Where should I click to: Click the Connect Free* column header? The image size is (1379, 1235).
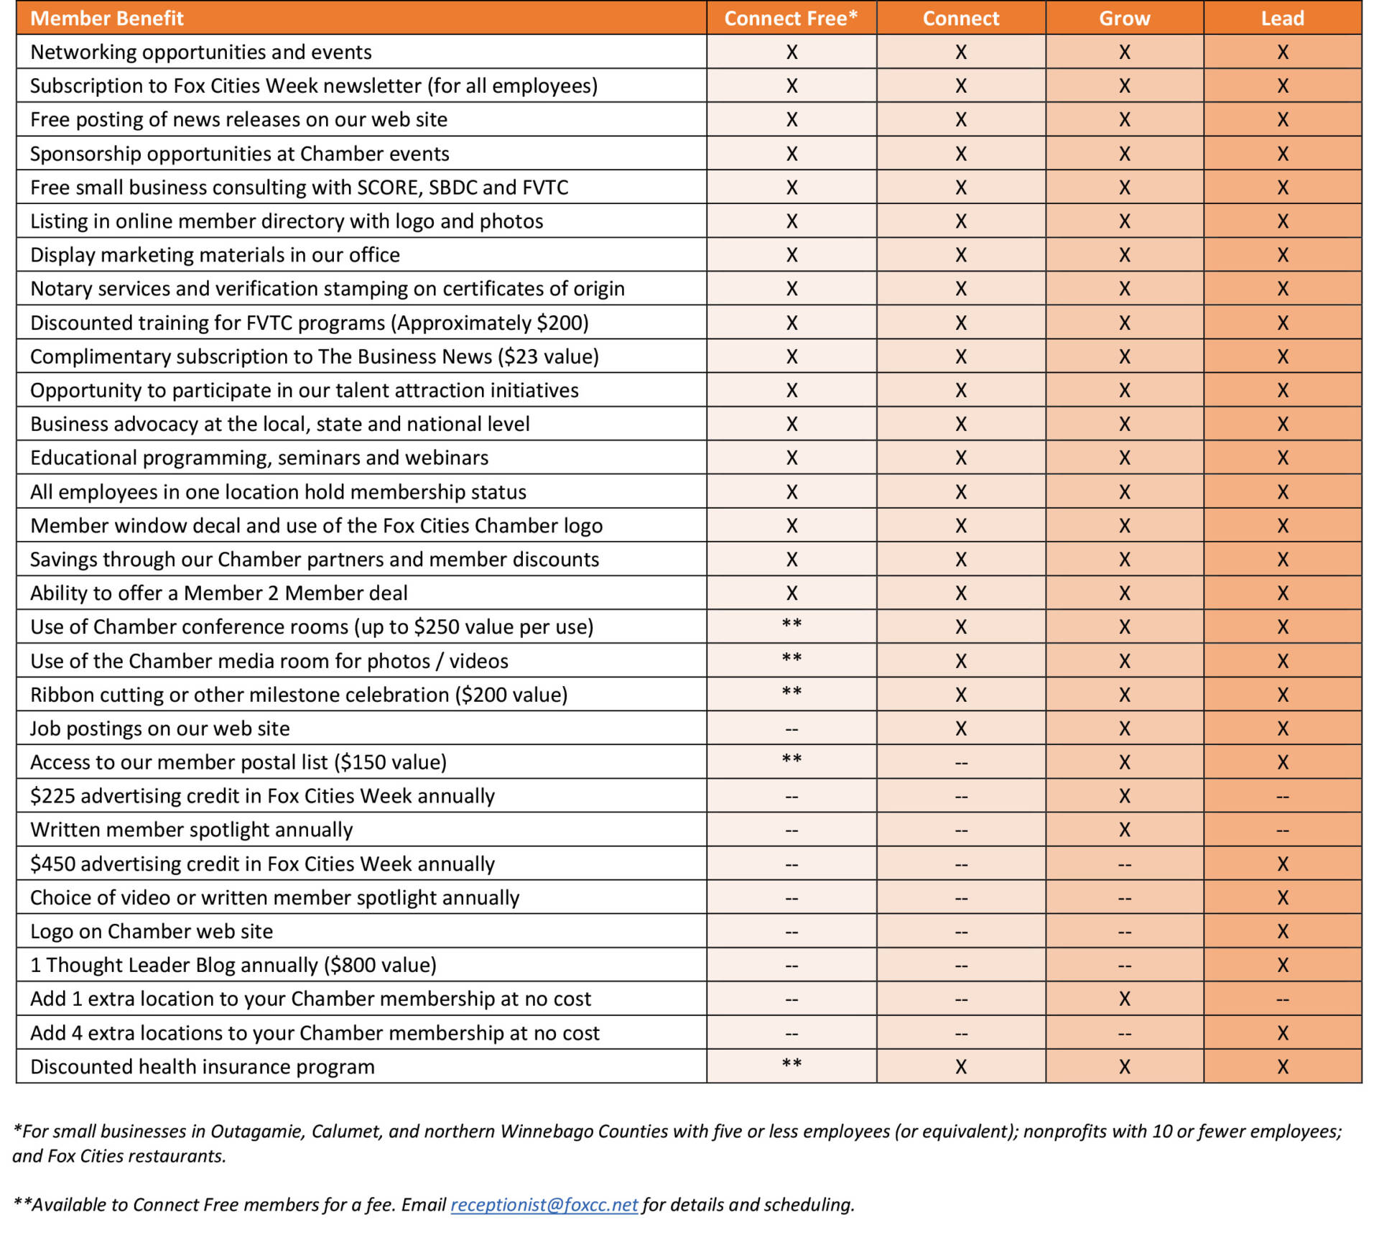791,18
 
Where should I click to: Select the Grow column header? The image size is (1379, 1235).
1124,18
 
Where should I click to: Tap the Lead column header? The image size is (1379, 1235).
1282,18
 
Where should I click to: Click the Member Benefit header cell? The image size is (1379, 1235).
107,18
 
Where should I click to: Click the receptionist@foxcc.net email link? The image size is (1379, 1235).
544,1204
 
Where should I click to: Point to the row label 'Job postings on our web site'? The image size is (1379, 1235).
159,728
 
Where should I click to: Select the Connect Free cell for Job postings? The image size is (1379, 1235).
791,728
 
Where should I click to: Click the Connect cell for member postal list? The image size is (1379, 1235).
961,762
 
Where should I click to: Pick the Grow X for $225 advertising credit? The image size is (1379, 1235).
1124,796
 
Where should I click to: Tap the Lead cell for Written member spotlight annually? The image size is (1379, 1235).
1282,830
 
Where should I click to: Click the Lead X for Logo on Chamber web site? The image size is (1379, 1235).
1282,931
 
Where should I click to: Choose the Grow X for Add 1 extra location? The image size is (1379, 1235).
1124,999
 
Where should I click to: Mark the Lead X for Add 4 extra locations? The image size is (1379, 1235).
1282,1033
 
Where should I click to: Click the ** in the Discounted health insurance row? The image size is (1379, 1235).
791,1064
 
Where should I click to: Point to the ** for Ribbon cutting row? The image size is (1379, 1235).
791,692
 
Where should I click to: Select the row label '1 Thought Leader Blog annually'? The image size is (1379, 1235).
233,965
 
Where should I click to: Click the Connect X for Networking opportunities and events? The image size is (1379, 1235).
961,52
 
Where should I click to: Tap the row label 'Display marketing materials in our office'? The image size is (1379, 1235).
215,255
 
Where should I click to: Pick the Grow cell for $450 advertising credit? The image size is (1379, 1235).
1124,864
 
